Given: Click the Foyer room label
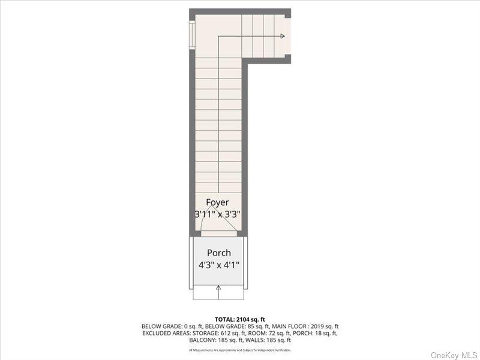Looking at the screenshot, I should (x=217, y=202).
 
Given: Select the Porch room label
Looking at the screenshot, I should (x=218, y=253).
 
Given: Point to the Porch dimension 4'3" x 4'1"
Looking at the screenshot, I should (x=218, y=265).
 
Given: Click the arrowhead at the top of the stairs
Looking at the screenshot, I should (x=281, y=36).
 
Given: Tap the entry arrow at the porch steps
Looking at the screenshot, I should (x=218, y=291).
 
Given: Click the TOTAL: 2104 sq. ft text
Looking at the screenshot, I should (x=239, y=319).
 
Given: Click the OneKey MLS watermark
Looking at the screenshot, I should (x=453, y=355).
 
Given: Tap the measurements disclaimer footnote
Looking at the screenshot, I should (x=239, y=350).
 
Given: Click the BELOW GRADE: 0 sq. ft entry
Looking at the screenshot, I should (x=169, y=326).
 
